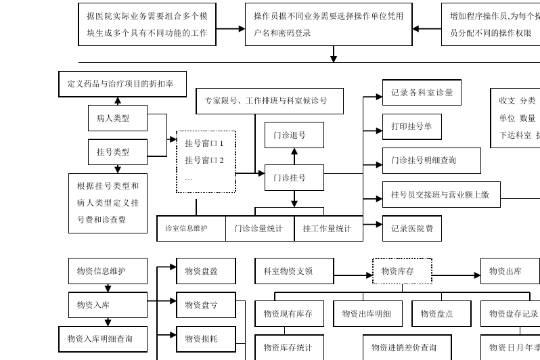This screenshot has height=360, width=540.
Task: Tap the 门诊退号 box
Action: point(294,135)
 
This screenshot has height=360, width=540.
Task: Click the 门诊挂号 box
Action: point(294,177)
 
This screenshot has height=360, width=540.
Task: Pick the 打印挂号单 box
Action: point(411,127)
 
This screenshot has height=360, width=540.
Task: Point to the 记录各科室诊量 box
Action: point(422,93)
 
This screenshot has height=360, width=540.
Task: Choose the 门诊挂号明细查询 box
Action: point(431,160)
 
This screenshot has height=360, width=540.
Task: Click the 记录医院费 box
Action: point(411,229)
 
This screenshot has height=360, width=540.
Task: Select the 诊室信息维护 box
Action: point(191,229)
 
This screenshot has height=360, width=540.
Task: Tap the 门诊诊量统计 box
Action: point(260,229)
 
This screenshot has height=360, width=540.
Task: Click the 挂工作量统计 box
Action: point(328,229)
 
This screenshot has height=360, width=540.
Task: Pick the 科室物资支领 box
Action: point(294,271)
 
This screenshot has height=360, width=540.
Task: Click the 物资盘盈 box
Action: point(206,271)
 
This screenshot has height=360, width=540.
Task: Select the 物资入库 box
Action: point(108,305)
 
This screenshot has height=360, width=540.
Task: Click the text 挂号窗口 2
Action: point(204,160)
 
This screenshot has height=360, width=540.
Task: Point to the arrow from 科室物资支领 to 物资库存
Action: point(353,275)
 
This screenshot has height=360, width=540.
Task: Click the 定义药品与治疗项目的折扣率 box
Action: point(122,84)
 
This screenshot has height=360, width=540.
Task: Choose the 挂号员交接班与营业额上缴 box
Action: point(441,195)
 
